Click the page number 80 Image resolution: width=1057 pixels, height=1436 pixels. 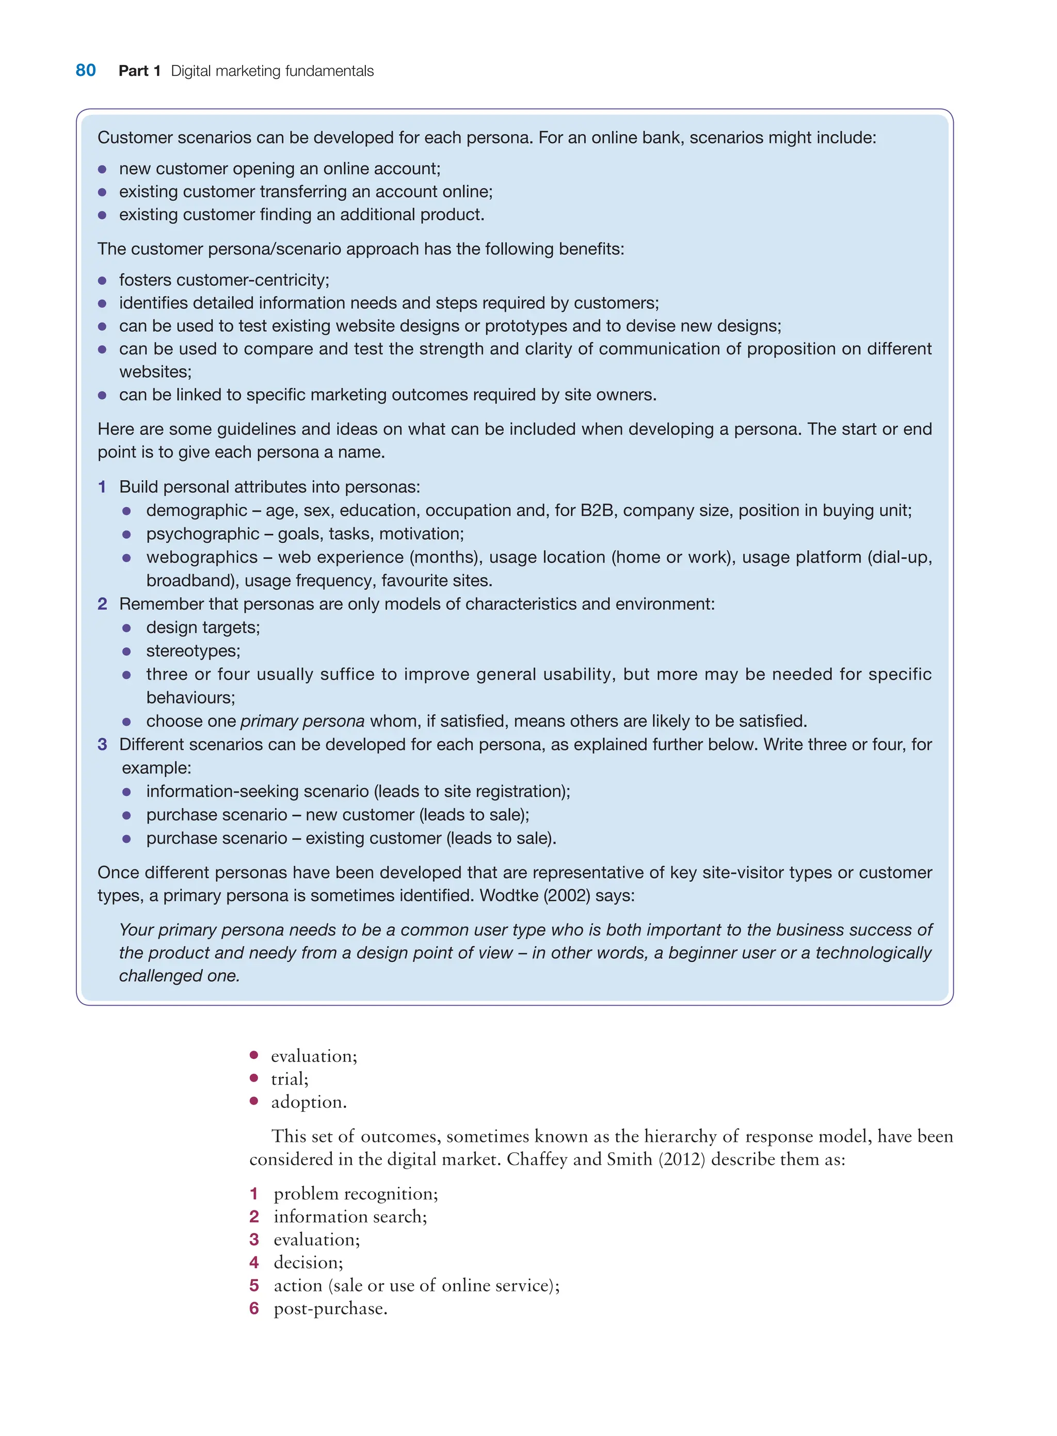coord(86,70)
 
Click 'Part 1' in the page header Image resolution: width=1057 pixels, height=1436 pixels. coord(139,71)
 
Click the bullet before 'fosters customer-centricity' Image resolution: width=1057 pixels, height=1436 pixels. coord(102,280)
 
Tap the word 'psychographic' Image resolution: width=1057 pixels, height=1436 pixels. coord(202,534)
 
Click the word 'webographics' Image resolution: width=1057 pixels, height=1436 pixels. coord(202,557)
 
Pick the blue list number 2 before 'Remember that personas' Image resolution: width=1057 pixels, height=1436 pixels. coord(102,604)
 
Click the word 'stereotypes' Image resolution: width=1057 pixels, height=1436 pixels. coord(192,651)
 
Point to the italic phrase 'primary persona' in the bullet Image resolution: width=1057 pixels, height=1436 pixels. coord(302,721)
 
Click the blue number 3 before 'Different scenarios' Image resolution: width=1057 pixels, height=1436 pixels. coord(102,745)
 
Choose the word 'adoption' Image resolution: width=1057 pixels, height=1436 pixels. coord(307,1102)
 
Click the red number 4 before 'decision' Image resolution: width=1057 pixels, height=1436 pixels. coord(254,1262)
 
